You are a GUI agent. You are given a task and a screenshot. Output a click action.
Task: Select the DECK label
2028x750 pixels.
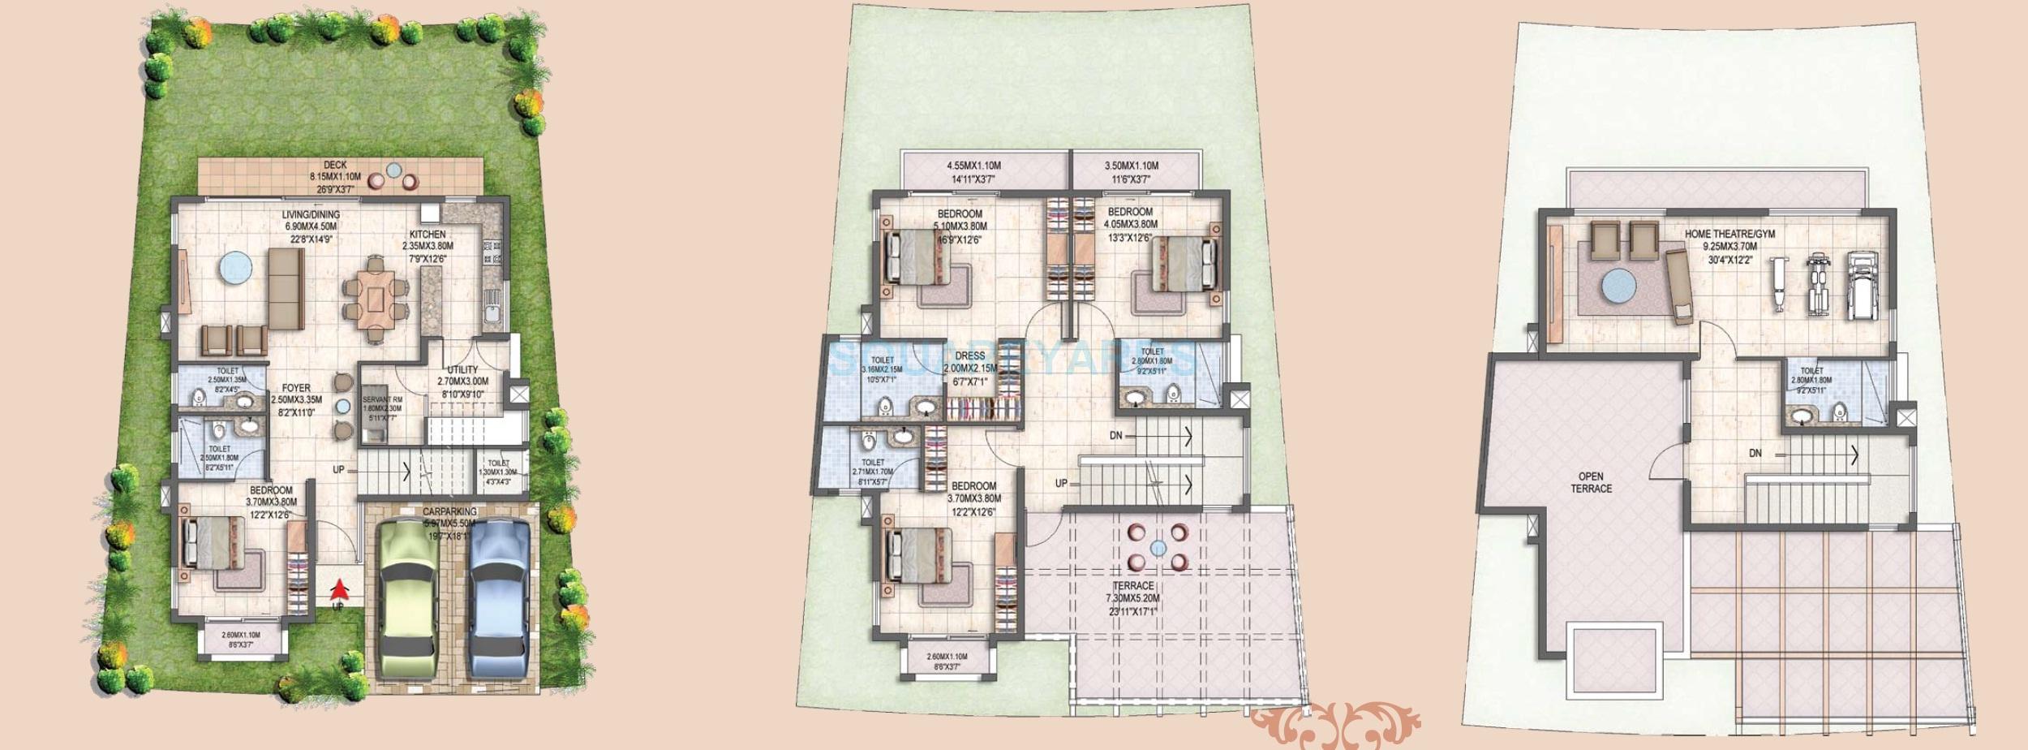point(335,165)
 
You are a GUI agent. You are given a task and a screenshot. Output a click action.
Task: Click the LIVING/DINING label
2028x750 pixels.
point(311,215)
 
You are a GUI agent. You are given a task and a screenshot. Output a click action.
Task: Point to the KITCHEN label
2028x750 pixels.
point(428,235)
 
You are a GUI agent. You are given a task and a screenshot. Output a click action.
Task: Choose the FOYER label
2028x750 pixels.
point(296,388)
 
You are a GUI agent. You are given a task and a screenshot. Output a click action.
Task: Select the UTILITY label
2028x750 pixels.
point(463,369)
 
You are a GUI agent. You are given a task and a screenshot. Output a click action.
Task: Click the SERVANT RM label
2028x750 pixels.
point(382,400)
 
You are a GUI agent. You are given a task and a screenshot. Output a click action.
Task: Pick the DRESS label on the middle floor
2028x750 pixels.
point(970,356)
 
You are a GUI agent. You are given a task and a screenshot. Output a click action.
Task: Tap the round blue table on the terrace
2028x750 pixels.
point(1158,547)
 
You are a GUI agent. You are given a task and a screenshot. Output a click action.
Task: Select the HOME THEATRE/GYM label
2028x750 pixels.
point(1729,234)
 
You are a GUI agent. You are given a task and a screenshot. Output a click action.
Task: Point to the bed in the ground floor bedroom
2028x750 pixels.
point(214,543)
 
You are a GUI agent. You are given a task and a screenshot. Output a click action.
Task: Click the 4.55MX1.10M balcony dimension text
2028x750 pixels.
point(970,166)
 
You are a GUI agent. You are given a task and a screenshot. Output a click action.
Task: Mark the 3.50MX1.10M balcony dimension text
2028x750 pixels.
point(1132,166)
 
